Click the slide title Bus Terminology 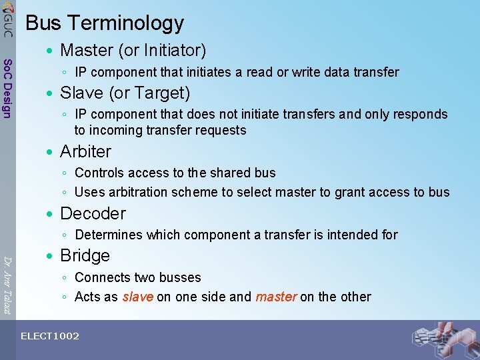pos(104,23)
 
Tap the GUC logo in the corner pos(7,21)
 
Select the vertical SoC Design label pos(7,89)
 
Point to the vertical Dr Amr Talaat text pos(7,279)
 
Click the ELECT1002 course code pos(50,336)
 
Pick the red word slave pos(138,297)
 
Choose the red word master pos(276,297)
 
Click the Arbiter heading pos(85,151)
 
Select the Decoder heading pos(93,213)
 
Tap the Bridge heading pos(85,255)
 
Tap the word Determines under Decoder pos(109,235)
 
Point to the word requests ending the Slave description pos(221,130)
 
